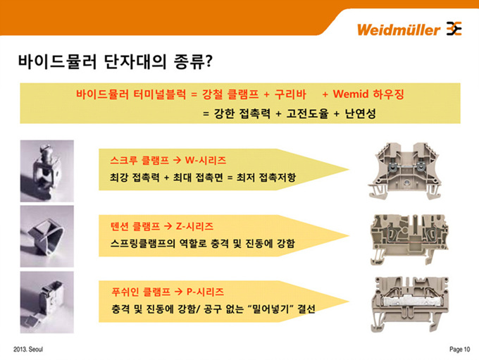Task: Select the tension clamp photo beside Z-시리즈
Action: tap(44, 233)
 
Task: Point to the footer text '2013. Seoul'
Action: tap(28, 349)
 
